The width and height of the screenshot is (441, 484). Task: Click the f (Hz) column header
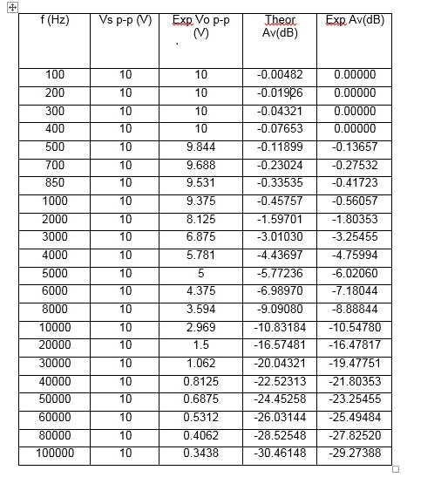pos(54,19)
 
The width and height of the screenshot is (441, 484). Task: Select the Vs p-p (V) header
pos(126,20)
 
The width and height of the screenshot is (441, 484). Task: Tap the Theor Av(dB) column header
pos(280,26)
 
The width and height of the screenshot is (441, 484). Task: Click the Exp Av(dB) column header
pos(355,20)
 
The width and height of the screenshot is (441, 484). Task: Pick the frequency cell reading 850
pos(54,183)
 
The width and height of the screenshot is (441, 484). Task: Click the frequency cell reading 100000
pos(54,453)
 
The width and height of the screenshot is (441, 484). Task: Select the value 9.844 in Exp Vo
pos(201,147)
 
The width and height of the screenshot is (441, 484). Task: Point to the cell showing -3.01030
pos(280,237)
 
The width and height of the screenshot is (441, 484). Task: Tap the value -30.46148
pos(280,453)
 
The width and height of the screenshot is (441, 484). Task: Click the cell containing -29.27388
pos(355,453)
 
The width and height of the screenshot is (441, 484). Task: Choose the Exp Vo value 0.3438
pos(201,453)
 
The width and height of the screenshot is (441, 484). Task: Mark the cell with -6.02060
pos(355,273)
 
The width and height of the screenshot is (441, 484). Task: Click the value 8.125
pos(201,219)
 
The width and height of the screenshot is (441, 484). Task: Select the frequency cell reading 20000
pos(54,345)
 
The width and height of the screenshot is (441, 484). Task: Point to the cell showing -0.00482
pos(280,75)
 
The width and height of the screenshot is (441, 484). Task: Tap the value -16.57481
pos(280,345)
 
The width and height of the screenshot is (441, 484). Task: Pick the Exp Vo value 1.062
pos(201,364)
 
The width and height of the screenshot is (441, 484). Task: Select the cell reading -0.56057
pos(355,201)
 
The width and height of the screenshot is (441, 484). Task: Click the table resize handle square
pos(396,469)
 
